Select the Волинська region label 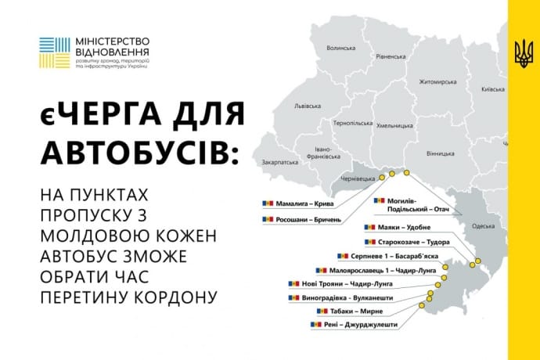point(340,48)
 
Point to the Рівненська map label point(390,56)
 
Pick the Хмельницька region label point(394,125)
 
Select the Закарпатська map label point(278,162)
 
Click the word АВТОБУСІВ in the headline point(137,150)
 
